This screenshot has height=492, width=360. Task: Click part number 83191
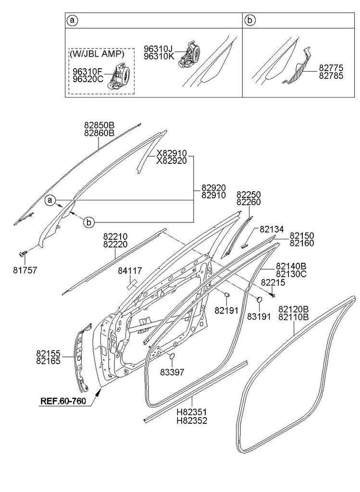point(259,317)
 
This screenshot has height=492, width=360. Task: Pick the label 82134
point(272,230)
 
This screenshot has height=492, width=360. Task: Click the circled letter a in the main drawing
point(51,199)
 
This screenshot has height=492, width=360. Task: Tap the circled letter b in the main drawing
point(88,221)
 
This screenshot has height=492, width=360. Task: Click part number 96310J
point(158,48)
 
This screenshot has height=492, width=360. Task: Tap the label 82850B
point(99,125)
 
